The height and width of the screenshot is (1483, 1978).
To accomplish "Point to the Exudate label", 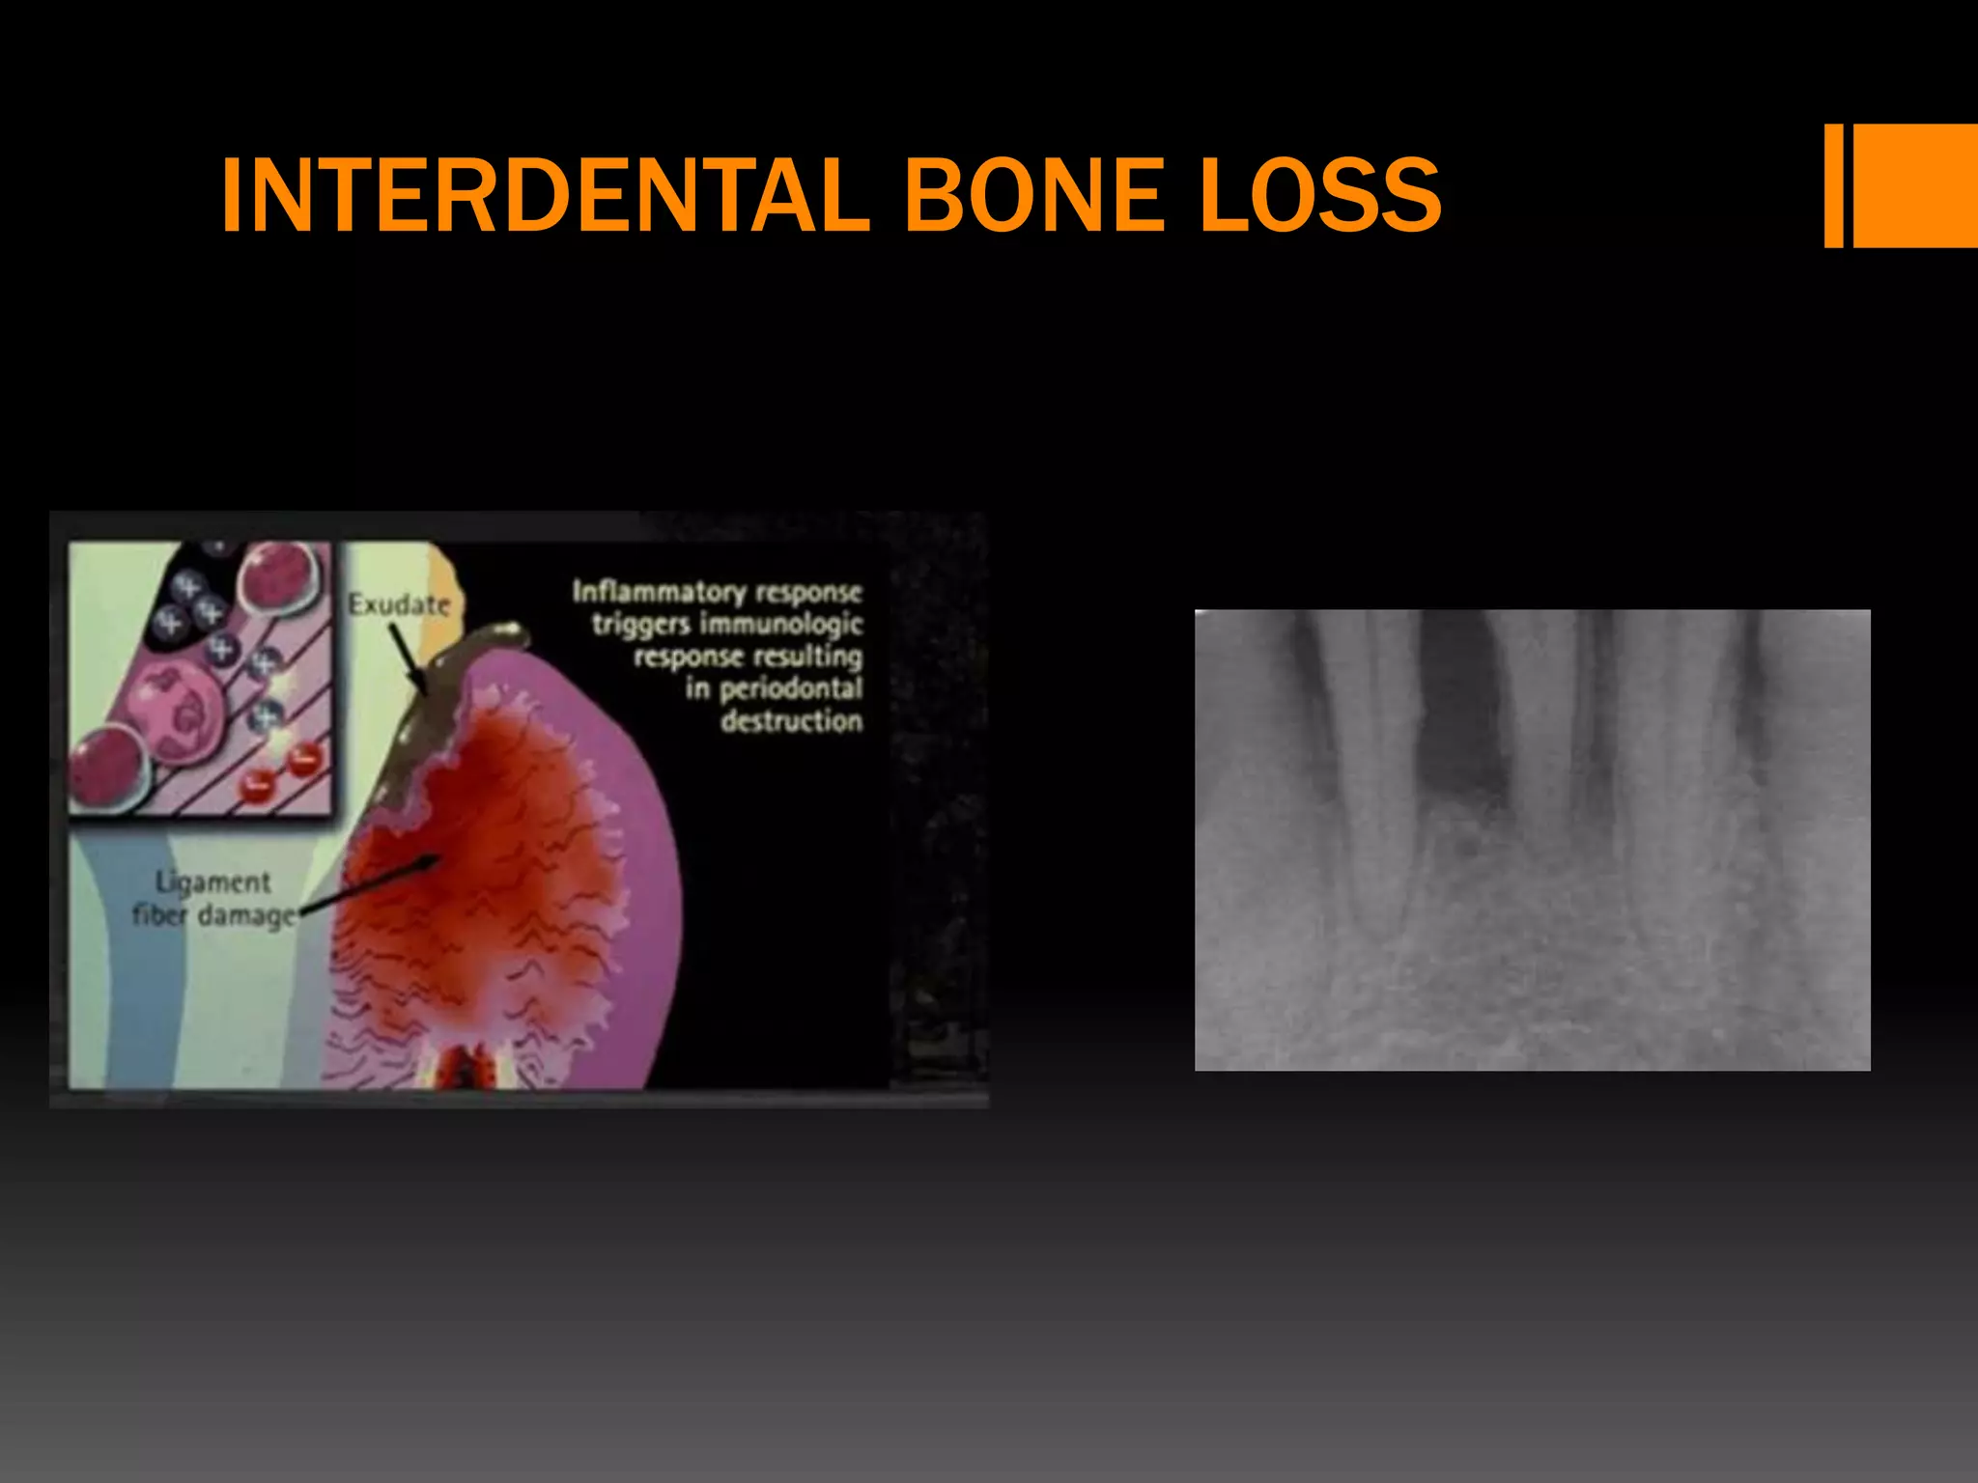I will (399, 605).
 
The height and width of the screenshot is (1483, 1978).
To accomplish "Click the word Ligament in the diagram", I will (213, 882).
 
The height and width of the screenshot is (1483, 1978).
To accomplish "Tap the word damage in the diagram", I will (247, 915).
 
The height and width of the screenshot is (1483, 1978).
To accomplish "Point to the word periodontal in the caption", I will (791, 688).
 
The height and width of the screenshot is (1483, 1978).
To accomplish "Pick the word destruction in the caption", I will (792, 721).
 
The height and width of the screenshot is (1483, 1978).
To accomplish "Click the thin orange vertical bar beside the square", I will (1833, 185).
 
